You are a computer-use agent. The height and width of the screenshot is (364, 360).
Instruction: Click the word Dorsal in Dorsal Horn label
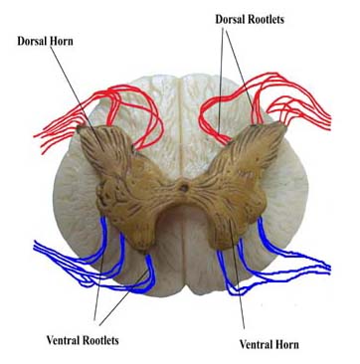pos(38,41)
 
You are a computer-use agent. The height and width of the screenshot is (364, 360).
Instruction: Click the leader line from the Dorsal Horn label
pos(75,90)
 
